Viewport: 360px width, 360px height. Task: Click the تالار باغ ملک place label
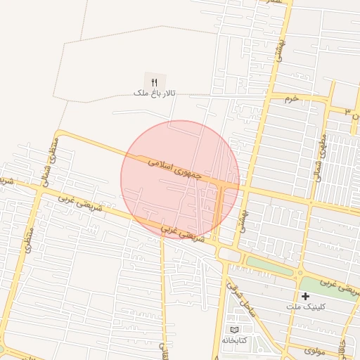coord(155,93)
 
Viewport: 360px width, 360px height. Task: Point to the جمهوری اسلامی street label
coord(175,170)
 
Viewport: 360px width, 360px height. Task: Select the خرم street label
coord(291,98)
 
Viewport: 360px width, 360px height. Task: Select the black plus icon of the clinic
coord(305,296)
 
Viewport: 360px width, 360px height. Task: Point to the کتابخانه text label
coord(234,340)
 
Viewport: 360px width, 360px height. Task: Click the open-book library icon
coord(234,329)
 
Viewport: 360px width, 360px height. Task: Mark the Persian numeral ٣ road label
coord(348,110)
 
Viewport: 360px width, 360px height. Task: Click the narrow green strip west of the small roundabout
coord(269,266)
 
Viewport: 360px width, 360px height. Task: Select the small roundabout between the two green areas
coord(300,273)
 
